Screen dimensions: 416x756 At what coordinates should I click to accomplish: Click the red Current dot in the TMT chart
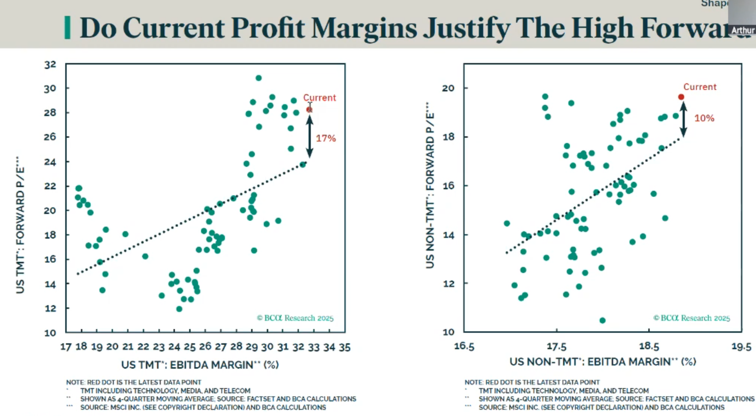click(309, 110)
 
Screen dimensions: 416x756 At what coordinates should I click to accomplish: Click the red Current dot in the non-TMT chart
click(681, 97)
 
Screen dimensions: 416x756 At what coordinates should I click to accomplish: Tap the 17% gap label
click(326, 138)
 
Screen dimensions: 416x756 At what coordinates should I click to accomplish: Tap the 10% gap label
click(704, 118)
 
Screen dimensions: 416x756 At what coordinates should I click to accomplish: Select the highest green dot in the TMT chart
click(258, 78)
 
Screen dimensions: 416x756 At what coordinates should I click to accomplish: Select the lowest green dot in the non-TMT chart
click(602, 320)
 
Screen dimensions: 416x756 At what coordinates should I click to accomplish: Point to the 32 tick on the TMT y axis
click(50, 65)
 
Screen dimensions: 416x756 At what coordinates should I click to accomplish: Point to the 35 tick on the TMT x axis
click(344, 347)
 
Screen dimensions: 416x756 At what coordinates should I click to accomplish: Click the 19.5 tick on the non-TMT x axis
click(741, 346)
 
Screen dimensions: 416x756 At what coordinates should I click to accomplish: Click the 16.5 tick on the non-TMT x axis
click(464, 346)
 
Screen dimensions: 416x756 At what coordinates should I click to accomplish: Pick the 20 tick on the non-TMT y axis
click(448, 88)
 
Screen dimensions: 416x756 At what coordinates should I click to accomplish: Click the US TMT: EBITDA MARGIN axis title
click(200, 365)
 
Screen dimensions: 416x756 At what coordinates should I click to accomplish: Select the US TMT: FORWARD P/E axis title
click(20, 224)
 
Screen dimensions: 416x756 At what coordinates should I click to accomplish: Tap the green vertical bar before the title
click(67, 28)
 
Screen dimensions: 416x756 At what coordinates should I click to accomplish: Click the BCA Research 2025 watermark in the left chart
click(295, 318)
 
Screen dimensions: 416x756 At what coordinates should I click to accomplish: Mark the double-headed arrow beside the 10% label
click(683, 119)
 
